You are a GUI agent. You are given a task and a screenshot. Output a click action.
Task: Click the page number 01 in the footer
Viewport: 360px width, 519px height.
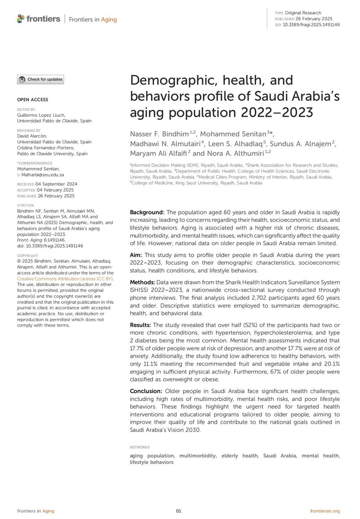(x=179, y=511)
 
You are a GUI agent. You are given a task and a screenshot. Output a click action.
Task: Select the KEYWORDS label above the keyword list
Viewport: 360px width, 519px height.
(x=140, y=447)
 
